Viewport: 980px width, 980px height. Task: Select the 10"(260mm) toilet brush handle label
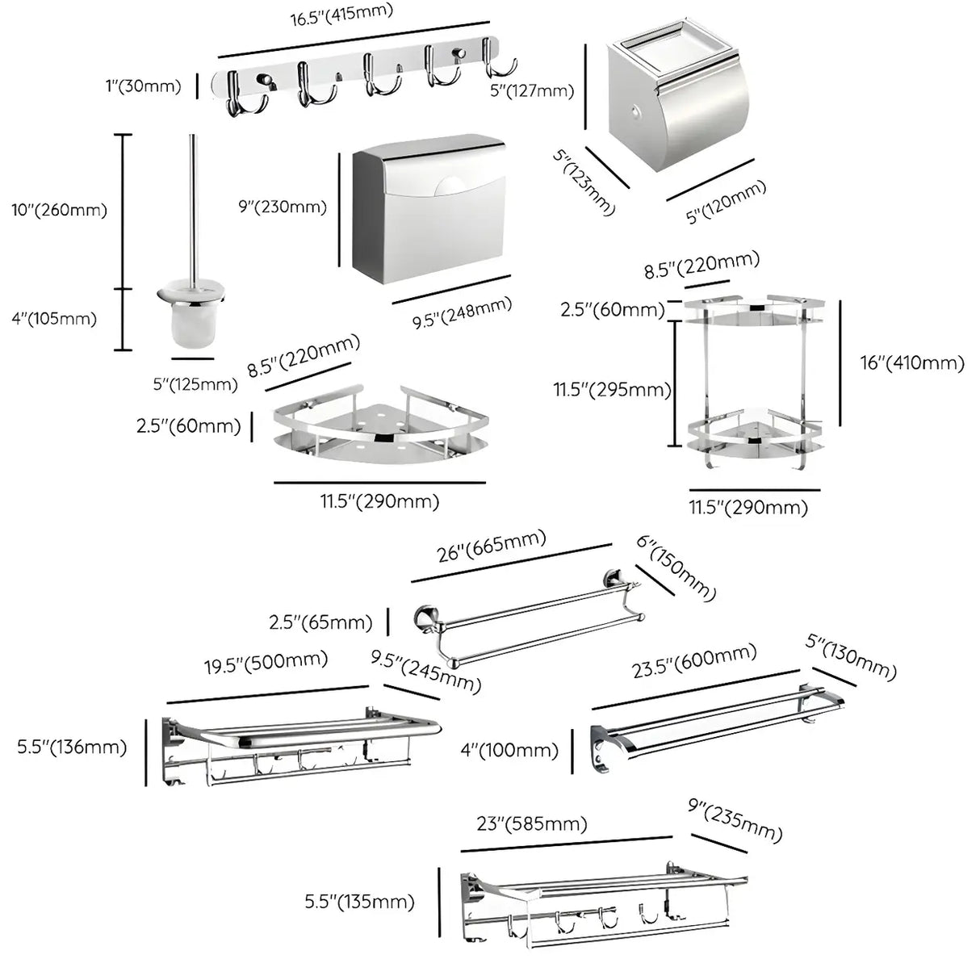59,210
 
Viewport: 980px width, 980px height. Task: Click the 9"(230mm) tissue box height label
283,207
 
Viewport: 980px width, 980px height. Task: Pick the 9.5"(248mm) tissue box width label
462,312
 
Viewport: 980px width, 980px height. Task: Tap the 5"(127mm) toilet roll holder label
532,90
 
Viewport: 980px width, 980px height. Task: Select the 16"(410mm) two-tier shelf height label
912,362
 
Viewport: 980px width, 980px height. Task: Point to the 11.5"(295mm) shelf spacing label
612,390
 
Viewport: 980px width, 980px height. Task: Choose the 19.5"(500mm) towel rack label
266,663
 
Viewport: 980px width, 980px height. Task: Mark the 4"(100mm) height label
509,750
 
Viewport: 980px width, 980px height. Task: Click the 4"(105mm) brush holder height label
54,318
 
